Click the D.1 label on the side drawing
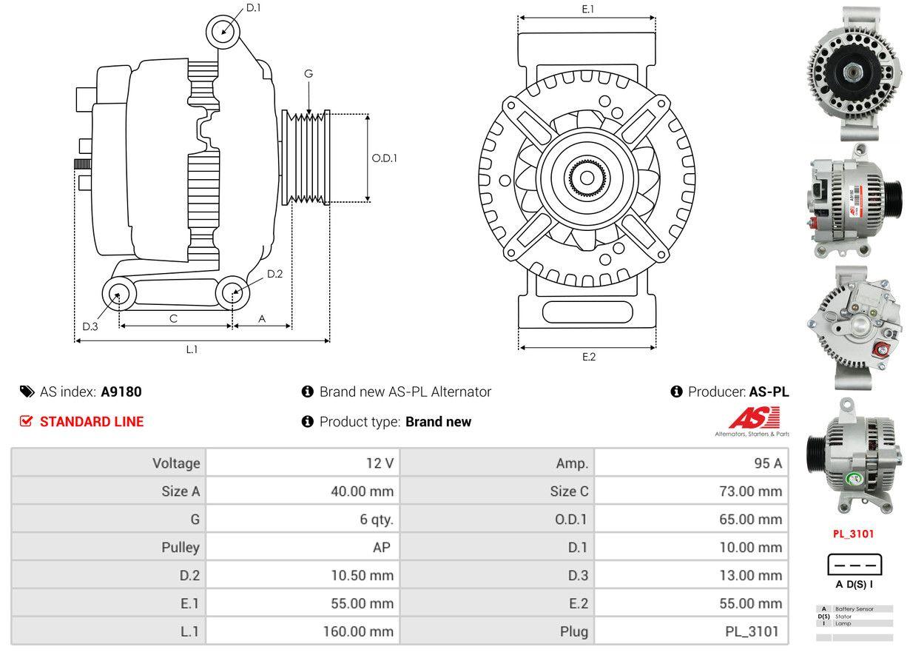click(253, 8)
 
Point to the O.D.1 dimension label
click(385, 158)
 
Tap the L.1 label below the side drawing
click(192, 349)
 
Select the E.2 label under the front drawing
click(588, 357)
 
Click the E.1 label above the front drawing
click(588, 9)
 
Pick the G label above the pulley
click(309, 73)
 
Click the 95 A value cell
click(766, 463)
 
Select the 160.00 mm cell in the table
click(358, 631)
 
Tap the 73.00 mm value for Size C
click(750, 491)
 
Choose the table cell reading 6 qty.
click(377, 520)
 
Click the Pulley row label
click(181, 548)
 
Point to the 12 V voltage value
click(380, 463)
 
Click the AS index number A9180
click(121, 392)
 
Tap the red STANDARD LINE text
click(92, 422)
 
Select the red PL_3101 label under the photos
click(853, 533)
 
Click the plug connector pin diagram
click(855, 565)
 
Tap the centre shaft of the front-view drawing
click(587, 178)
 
